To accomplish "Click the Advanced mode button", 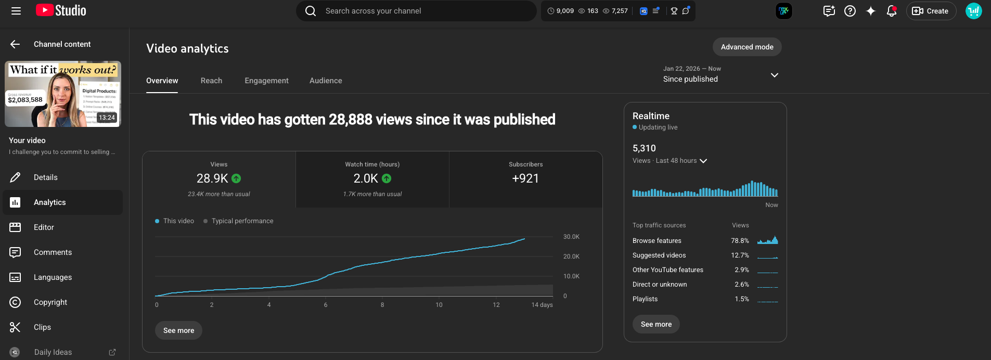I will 747,47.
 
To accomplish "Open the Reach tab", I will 211,81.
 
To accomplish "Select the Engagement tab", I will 266,81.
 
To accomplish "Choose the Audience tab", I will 326,81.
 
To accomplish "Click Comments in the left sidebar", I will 53,252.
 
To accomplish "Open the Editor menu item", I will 44,227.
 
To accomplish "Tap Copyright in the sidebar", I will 50,302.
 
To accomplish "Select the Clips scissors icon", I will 15,327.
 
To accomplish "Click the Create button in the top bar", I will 931,11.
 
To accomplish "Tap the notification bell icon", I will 892,11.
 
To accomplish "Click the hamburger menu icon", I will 16,11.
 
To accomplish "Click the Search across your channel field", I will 416,11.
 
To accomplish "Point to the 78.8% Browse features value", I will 740,241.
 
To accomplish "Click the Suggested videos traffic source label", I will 659,255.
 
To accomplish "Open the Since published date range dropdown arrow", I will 775,75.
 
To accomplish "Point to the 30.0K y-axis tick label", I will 571,237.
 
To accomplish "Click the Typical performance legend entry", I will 242,221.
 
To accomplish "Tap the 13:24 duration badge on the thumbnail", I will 107,118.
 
